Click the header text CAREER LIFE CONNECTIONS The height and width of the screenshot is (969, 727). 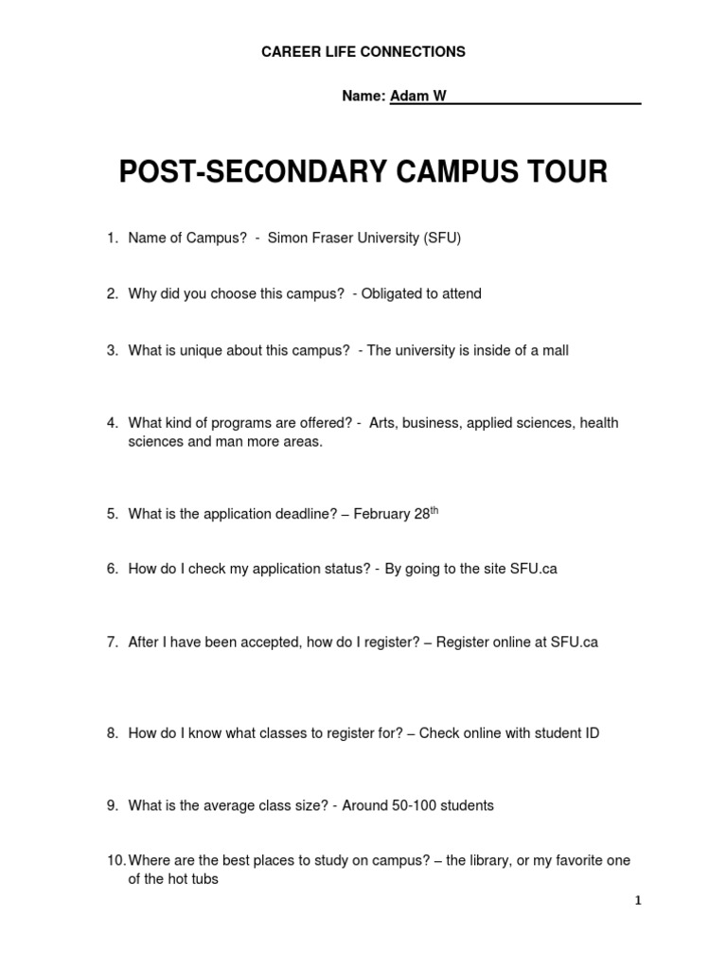363,52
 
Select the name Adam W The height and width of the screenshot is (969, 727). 418,97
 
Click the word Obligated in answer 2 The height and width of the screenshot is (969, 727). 391,294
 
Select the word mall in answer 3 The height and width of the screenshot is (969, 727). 554,351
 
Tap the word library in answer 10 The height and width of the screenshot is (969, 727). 483,861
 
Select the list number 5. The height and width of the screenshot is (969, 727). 111,515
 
